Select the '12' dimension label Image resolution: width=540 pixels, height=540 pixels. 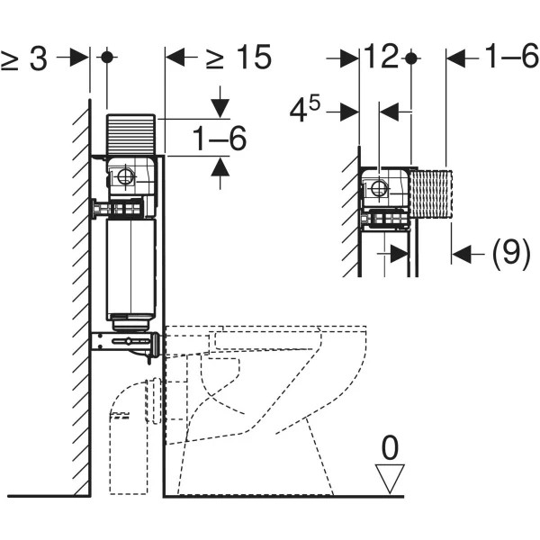point(382,58)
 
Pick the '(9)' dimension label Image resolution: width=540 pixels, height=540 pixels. point(511,255)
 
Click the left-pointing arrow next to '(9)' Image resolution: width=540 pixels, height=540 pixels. point(463,255)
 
